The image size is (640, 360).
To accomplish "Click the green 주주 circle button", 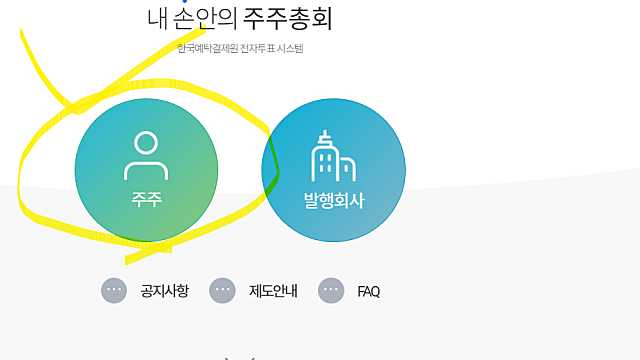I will (x=146, y=170).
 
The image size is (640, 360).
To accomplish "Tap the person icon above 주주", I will (x=146, y=155).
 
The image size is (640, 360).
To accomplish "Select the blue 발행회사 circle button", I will (x=334, y=170).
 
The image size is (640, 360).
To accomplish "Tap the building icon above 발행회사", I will (x=333, y=158).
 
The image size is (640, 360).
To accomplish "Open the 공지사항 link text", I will (x=165, y=291).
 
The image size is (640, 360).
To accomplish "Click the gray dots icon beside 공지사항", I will (x=114, y=290).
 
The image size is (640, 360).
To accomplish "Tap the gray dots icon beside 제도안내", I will (x=222, y=290).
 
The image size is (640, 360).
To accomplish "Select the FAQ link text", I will (x=369, y=292).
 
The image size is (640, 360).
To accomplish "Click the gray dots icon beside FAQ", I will (x=331, y=290).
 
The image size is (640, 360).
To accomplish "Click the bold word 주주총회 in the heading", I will (x=291, y=19).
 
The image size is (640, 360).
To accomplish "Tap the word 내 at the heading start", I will (x=156, y=19).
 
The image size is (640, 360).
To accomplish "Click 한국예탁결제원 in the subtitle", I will (x=206, y=48).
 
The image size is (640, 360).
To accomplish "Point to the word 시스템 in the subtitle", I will (x=289, y=48).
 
